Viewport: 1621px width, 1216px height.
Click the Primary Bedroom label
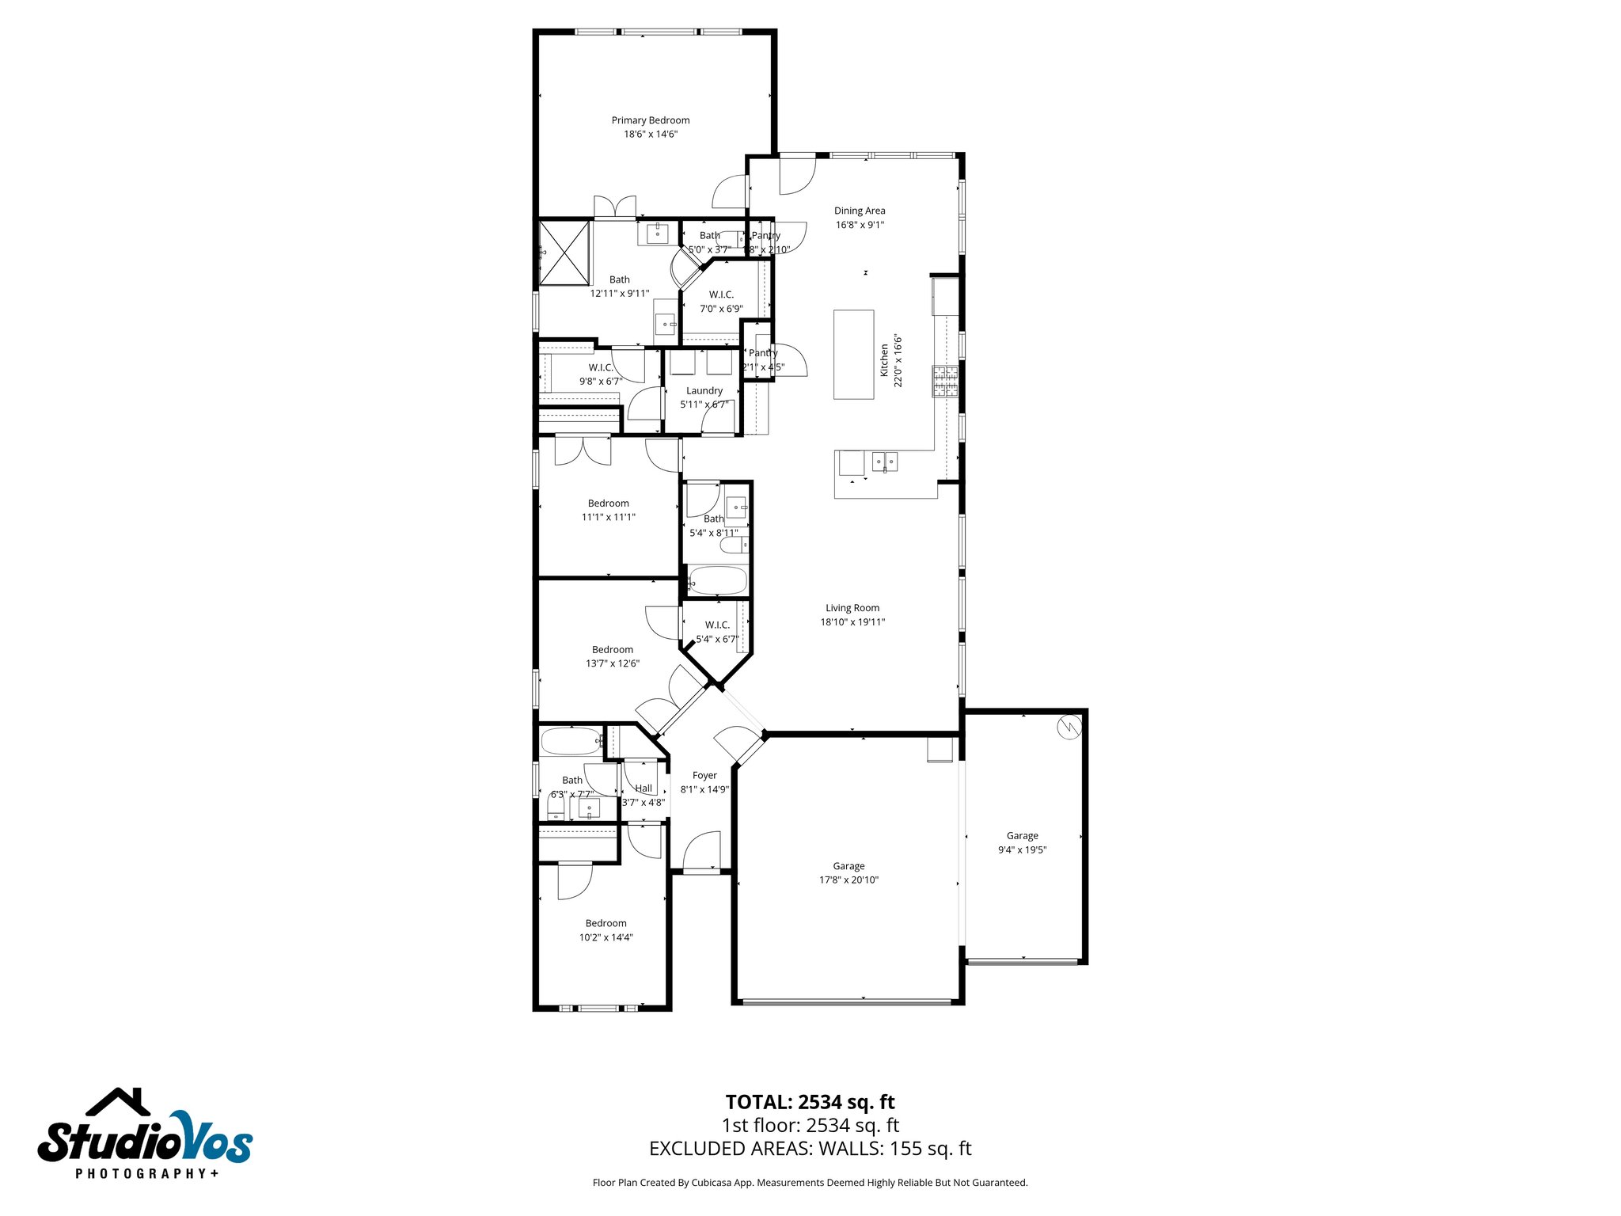pyautogui.click(x=651, y=120)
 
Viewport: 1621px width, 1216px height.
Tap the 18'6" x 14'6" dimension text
pyautogui.click(x=651, y=135)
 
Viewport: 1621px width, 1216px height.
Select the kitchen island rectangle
pyautogui.click(x=853, y=354)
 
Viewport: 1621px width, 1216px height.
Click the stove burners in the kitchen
pyautogui.click(x=944, y=381)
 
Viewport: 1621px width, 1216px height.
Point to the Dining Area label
pyautogui.click(x=860, y=211)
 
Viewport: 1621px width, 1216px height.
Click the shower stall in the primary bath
pyautogui.click(x=565, y=253)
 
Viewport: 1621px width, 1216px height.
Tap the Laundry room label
pyautogui.click(x=704, y=390)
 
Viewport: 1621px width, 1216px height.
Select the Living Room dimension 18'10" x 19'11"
pyautogui.click(x=852, y=622)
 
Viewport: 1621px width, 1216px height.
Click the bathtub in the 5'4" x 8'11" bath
pyautogui.click(x=716, y=580)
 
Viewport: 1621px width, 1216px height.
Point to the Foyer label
pyautogui.click(x=704, y=776)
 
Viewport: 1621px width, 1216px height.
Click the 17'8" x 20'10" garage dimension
pyautogui.click(x=848, y=880)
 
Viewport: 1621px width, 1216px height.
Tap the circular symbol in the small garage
pyautogui.click(x=1069, y=727)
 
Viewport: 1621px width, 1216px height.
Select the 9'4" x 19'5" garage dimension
pyautogui.click(x=1022, y=850)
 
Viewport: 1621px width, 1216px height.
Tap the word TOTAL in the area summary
pyautogui.click(x=758, y=1102)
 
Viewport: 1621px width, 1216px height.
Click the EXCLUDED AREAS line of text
pyautogui.click(x=810, y=1149)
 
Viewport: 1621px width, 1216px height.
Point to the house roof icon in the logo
pyautogui.click(x=119, y=1101)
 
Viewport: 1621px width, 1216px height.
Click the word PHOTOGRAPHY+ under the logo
pyautogui.click(x=147, y=1173)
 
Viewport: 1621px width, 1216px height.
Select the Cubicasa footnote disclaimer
pyautogui.click(x=810, y=1183)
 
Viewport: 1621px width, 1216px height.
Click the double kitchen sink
pyautogui.click(x=885, y=461)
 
